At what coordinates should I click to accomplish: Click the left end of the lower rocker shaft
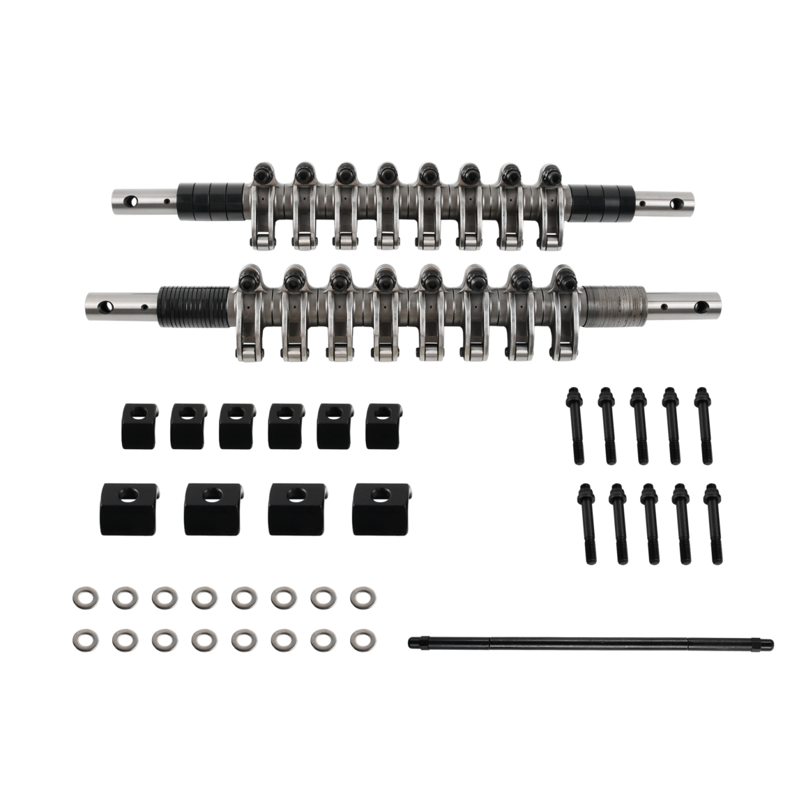pyautogui.click(x=98, y=304)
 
